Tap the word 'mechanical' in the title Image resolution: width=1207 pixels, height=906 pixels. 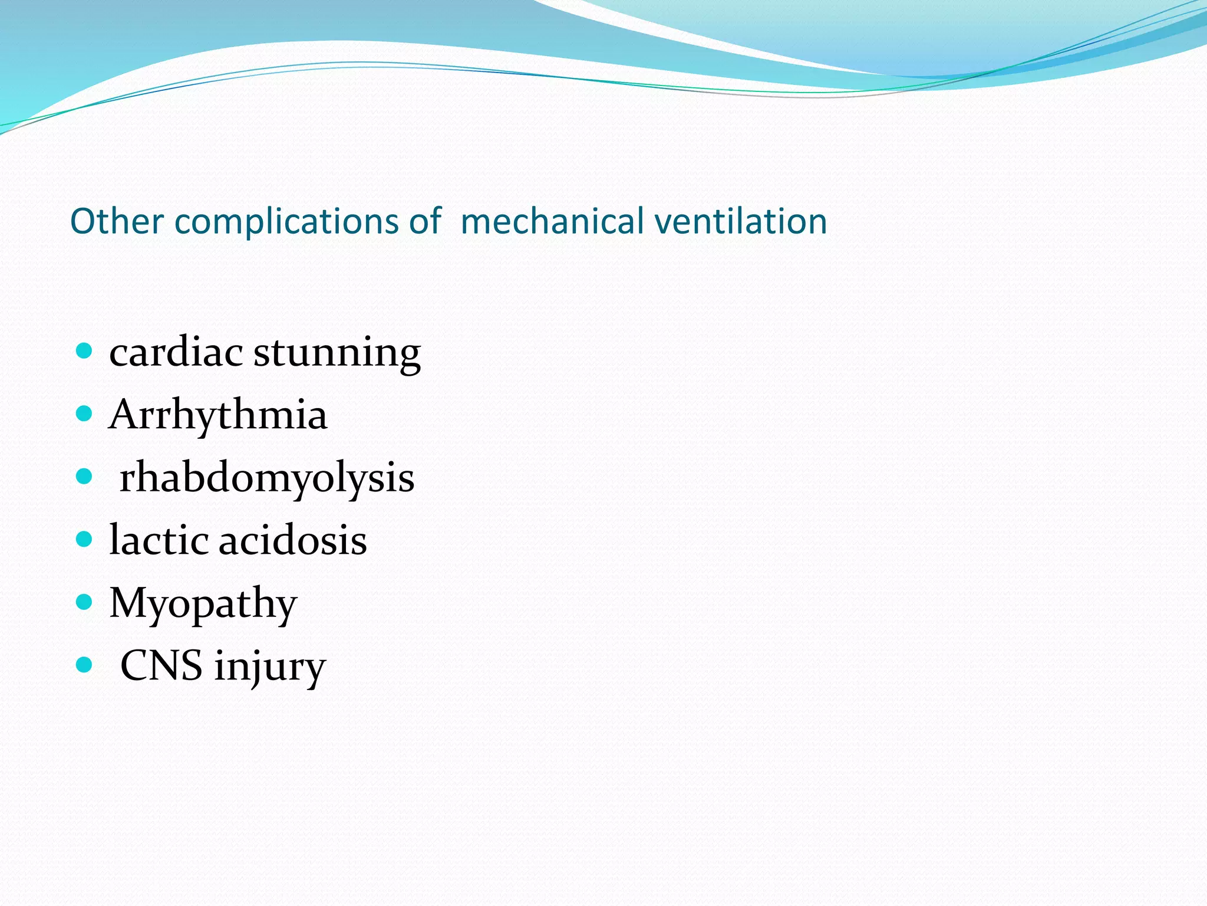(x=552, y=222)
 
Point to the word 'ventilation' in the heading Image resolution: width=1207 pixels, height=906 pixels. (x=741, y=222)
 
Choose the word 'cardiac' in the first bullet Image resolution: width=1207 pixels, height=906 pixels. (x=176, y=352)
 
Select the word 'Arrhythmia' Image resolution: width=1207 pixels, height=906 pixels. (x=218, y=415)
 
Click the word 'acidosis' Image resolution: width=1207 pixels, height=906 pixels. (x=293, y=540)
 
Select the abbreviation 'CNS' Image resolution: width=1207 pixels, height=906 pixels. (x=161, y=666)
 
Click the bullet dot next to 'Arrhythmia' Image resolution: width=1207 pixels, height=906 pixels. (x=84, y=413)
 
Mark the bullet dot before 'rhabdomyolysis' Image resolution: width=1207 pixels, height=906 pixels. (x=84, y=476)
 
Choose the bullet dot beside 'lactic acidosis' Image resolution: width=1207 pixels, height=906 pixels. (x=84, y=539)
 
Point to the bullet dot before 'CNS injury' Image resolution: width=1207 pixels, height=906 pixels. (x=84, y=665)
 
